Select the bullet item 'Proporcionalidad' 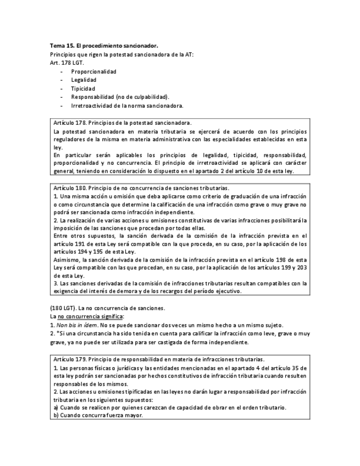[93, 71]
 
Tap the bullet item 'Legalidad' [84, 80]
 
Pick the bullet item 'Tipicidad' [83, 88]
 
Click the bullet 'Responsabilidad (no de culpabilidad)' [120, 97]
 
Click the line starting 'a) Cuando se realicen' [170, 407]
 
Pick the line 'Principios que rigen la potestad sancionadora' [121, 54]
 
